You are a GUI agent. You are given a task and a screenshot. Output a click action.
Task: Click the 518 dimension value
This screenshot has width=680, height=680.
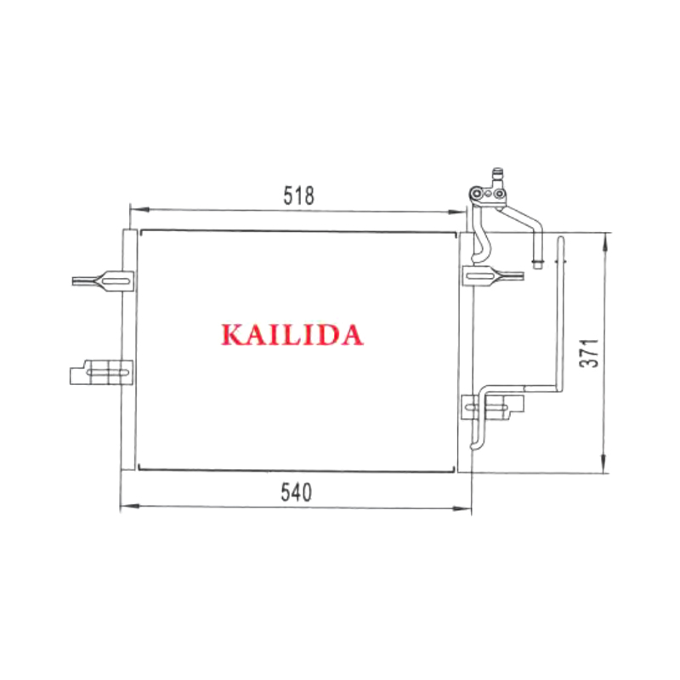(x=298, y=195)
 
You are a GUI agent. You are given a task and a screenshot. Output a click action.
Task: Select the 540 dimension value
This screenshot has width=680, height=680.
(x=296, y=493)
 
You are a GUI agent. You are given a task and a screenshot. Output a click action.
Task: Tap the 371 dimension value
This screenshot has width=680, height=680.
(x=589, y=353)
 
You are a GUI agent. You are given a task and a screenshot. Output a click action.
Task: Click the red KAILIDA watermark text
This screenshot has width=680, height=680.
(x=292, y=335)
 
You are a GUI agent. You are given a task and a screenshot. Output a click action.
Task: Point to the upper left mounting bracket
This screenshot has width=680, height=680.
(x=103, y=281)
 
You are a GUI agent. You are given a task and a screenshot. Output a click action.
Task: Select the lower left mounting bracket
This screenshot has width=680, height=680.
(x=101, y=372)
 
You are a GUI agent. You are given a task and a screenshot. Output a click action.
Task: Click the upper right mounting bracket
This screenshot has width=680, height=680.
(x=494, y=275)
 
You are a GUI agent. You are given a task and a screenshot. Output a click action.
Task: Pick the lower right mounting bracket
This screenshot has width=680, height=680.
(x=493, y=407)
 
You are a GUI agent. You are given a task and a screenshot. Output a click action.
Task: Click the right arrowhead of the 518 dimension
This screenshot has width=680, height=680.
(x=457, y=212)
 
